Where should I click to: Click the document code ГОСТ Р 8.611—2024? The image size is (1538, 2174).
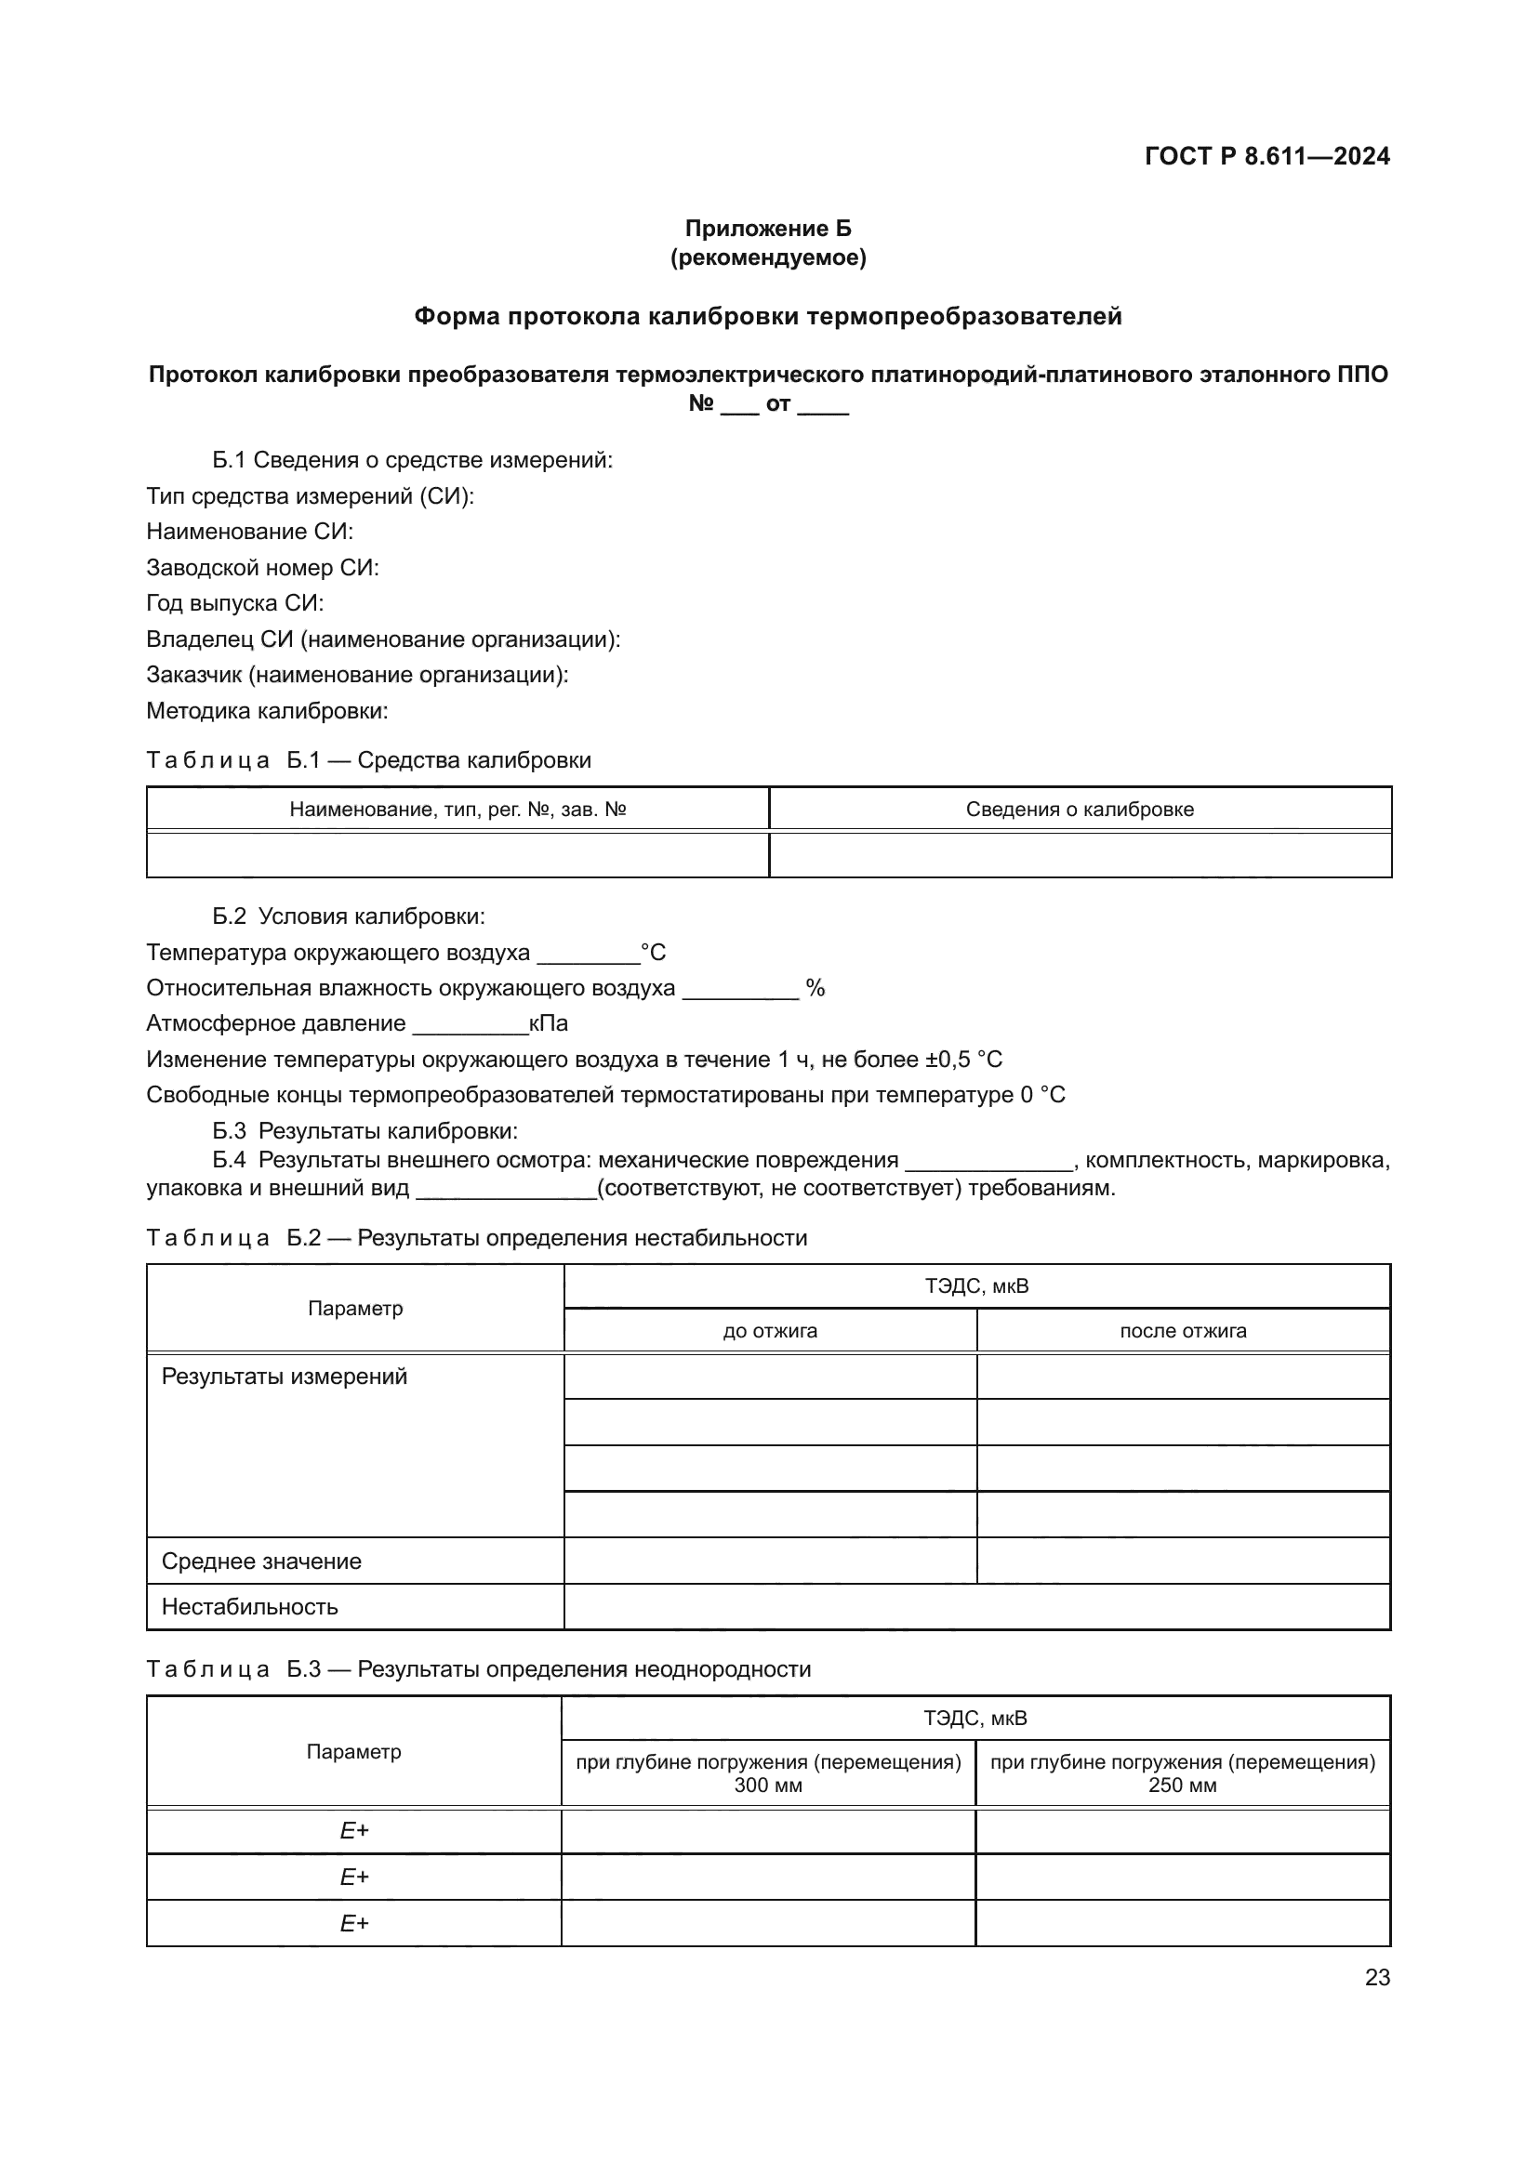[x=1266, y=156]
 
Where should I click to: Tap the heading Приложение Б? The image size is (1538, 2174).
[x=768, y=229]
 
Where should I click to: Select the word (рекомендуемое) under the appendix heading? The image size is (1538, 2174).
[x=768, y=257]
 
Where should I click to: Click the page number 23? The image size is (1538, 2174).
[x=1377, y=1977]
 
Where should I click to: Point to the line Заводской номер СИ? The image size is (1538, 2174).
[x=262, y=568]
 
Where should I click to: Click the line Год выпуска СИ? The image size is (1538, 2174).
[x=235, y=603]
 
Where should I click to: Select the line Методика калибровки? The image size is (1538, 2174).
[x=267, y=711]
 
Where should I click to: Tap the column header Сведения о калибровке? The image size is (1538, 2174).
[x=1080, y=810]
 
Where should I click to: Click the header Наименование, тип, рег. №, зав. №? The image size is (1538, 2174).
[x=457, y=810]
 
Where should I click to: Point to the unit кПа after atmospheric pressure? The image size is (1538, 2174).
[x=549, y=1023]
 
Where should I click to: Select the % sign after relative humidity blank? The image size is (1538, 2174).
[x=815, y=989]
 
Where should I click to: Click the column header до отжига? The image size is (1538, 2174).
[x=770, y=1331]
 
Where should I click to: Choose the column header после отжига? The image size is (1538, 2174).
[x=1183, y=1331]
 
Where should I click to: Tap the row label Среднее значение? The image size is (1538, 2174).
[x=261, y=1561]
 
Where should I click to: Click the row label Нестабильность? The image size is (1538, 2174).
[x=249, y=1607]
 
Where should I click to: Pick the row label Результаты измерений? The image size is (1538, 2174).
[x=285, y=1377]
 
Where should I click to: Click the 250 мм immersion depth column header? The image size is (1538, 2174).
[x=1182, y=1773]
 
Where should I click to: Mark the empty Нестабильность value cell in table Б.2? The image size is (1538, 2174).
[x=976, y=1607]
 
